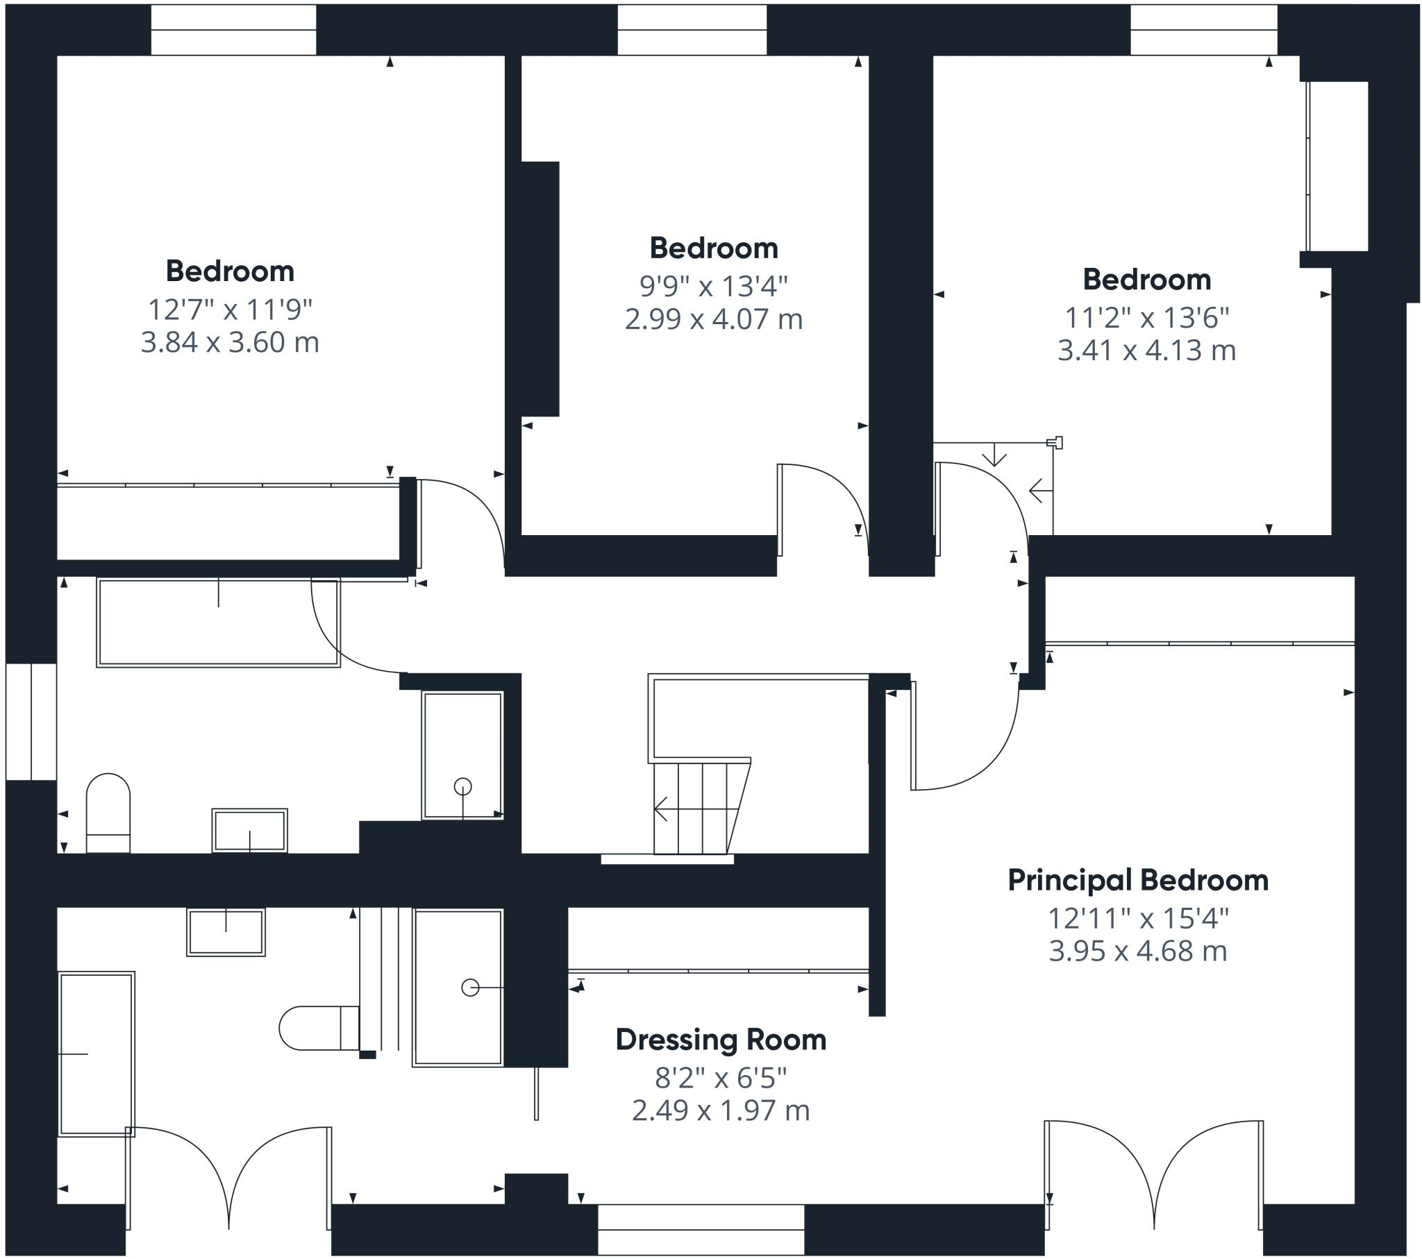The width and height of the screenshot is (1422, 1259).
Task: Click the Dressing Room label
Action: [721, 1040]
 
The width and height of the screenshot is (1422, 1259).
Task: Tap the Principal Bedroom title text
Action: [1138, 881]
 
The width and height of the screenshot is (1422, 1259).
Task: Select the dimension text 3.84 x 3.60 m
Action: [230, 342]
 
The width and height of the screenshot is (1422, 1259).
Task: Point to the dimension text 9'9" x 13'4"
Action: [713, 286]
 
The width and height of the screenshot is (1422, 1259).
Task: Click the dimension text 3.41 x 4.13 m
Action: [1146, 350]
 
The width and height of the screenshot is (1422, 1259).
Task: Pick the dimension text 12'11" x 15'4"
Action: [1138, 919]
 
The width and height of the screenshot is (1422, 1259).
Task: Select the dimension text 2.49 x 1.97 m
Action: [721, 1110]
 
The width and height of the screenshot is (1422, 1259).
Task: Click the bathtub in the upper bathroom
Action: [219, 623]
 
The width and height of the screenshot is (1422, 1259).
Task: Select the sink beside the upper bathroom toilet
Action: [250, 830]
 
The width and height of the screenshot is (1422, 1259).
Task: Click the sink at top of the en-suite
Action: [226, 932]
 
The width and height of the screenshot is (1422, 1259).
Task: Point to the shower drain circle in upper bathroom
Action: [462, 786]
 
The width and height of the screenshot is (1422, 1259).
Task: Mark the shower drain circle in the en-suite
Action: [470, 988]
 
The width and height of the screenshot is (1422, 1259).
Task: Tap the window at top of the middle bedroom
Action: [692, 31]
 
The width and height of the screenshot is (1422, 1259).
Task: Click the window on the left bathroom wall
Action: [31, 721]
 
